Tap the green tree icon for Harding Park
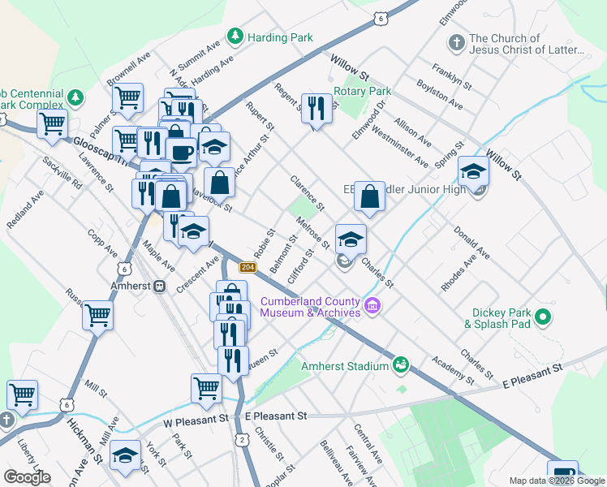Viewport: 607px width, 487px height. pyautogui.click(x=235, y=36)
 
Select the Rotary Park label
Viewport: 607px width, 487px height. pyautogui.click(x=364, y=92)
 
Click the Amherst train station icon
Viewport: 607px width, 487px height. pyautogui.click(x=161, y=287)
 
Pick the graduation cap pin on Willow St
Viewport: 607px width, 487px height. pyautogui.click(x=473, y=170)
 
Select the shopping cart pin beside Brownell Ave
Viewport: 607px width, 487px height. pyautogui.click(x=127, y=98)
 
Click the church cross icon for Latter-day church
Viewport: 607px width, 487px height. pyautogui.click(x=456, y=41)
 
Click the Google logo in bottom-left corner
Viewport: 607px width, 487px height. pyautogui.click(x=27, y=477)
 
